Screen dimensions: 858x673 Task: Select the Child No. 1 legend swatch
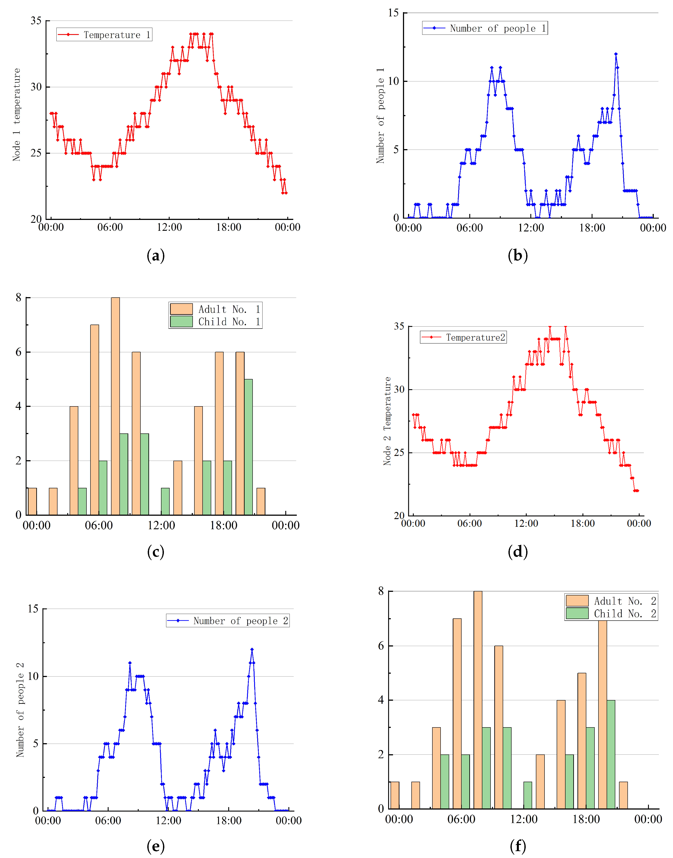point(181,322)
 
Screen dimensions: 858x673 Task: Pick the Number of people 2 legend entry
point(228,621)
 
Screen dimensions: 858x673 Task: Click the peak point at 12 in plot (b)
point(616,54)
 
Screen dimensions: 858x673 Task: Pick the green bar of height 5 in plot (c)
point(248,447)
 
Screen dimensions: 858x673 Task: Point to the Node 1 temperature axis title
point(17,115)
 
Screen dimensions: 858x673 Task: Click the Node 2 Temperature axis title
point(387,421)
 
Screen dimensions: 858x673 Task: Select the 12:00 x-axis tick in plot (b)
point(531,228)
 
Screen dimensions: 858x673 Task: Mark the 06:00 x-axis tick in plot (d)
point(469,523)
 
